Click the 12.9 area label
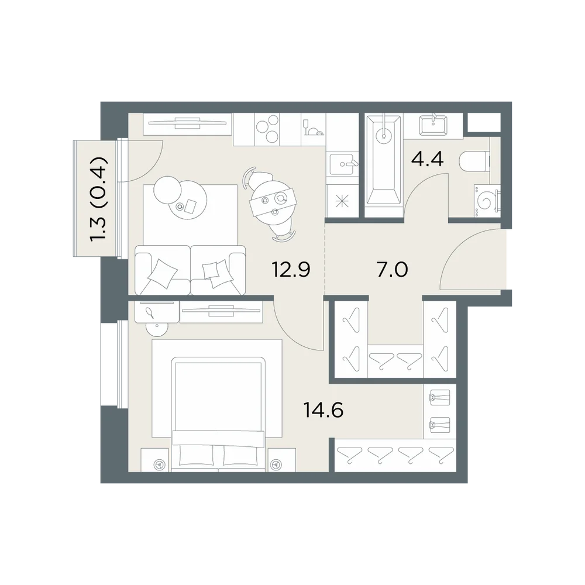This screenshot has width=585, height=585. (291, 269)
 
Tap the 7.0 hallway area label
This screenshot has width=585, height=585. (393, 269)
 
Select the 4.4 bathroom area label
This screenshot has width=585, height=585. (427, 159)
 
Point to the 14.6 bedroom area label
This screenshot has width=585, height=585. (324, 411)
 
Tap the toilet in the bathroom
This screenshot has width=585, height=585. (474, 161)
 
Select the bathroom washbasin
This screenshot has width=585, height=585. (433, 125)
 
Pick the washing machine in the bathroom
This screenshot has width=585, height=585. (487, 200)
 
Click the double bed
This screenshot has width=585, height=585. (218, 414)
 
